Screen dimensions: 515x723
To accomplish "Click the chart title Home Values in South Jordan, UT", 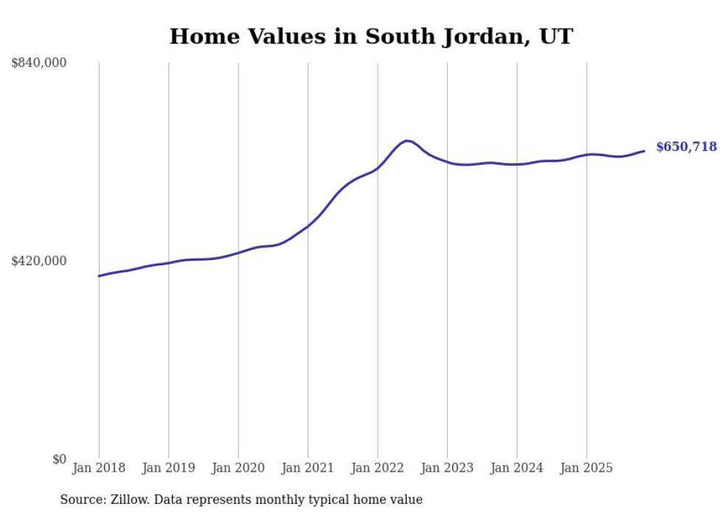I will [370, 36].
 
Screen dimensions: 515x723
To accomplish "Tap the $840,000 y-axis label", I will [39, 63].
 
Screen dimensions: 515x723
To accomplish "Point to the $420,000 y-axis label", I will [39, 261].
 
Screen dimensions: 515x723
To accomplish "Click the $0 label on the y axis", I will [60, 459].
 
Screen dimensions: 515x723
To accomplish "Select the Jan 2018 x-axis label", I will [99, 468].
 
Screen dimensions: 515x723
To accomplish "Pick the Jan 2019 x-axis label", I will [168, 468].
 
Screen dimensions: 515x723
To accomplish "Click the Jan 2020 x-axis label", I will [238, 468].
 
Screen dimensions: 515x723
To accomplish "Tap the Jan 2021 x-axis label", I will [308, 468].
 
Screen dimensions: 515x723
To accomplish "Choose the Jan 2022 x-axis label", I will [378, 468].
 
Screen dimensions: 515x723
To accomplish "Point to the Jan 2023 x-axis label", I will [447, 468].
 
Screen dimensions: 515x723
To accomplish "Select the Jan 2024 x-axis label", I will [516, 468].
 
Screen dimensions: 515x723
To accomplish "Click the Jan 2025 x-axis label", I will [587, 468].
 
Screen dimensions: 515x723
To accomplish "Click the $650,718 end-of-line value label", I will [686, 147].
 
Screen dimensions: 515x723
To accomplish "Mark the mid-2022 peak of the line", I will [407, 140].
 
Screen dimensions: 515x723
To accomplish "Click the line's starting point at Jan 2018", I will [99, 276].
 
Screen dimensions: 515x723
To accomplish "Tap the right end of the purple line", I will [644, 151].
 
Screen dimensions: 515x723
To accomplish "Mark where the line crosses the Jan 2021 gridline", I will [308, 225].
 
